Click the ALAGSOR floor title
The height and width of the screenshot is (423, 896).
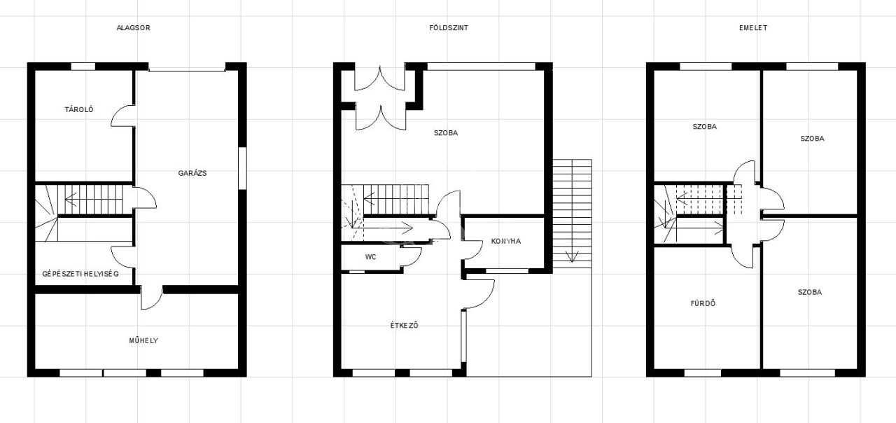pyautogui.click(x=133, y=27)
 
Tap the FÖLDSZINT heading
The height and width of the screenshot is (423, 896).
pyautogui.click(x=449, y=27)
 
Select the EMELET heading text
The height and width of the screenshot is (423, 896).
pyautogui.click(x=753, y=27)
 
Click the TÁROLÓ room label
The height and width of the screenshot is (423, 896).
pyautogui.click(x=79, y=109)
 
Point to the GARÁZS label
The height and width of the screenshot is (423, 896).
pyautogui.click(x=192, y=173)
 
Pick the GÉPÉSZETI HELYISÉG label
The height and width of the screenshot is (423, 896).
pyautogui.click(x=80, y=274)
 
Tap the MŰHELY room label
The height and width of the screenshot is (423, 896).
pyautogui.click(x=143, y=340)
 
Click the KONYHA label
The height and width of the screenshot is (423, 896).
pyautogui.click(x=506, y=241)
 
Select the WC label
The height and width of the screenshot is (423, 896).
pyautogui.click(x=371, y=257)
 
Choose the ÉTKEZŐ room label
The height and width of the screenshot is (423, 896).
pyautogui.click(x=405, y=325)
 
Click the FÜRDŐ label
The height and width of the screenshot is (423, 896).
pyautogui.click(x=703, y=303)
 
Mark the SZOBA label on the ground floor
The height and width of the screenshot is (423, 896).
pyautogui.click(x=446, y=133)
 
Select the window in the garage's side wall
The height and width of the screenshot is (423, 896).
pyautogui.click(x=242, y=168)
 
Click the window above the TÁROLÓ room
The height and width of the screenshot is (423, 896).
pyautogui.click(x=83, y=67)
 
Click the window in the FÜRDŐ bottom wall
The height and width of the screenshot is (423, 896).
pyautogui.click(x=702, y=373)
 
